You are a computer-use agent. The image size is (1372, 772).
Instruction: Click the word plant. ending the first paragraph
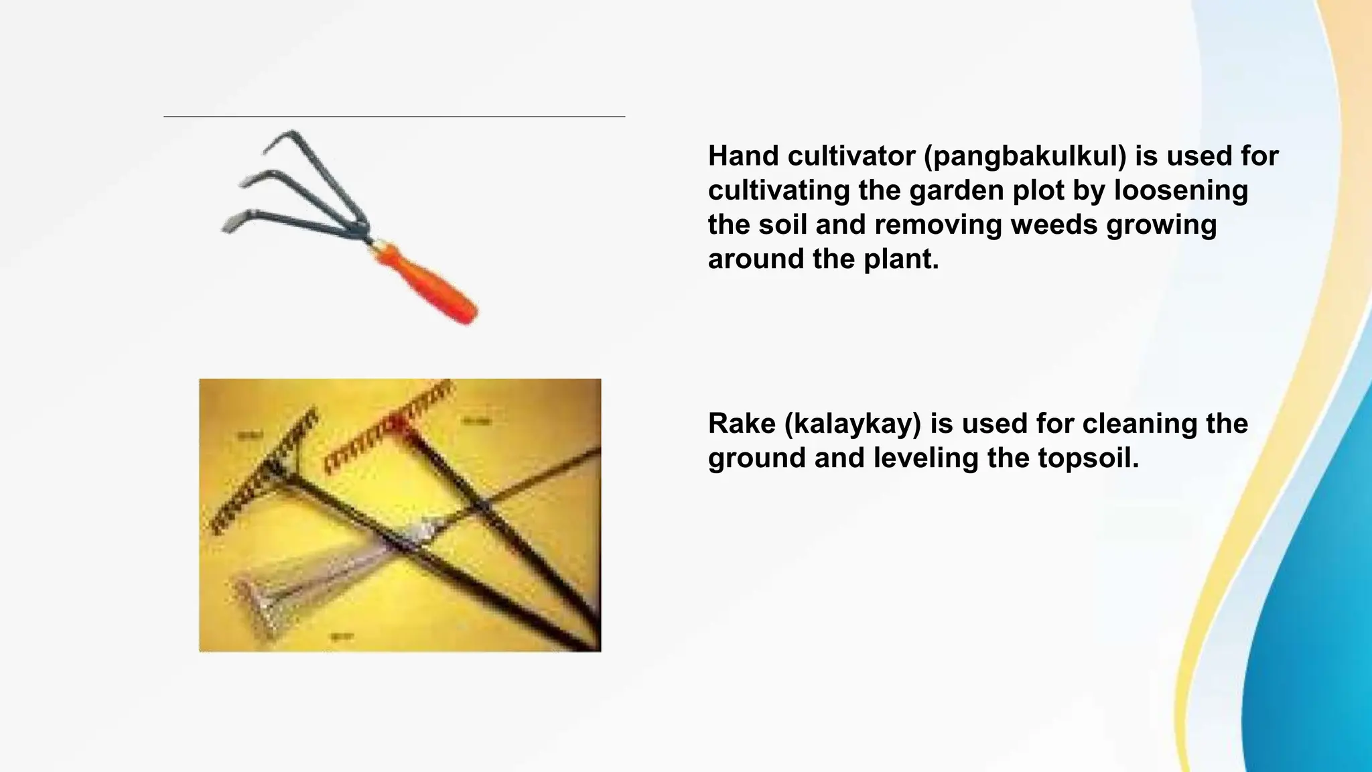pyautogui.click(x=901, y=259)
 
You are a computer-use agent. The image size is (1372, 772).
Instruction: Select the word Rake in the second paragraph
pyautogui.click(x=742, y=424)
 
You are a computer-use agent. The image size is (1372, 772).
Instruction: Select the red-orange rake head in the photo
pyautogui.click(x=385, y=429)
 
